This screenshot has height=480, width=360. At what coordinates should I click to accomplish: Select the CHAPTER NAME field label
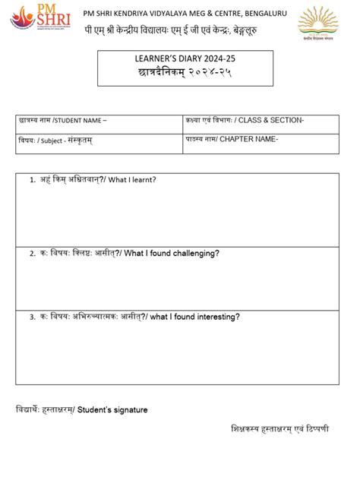(251, 140)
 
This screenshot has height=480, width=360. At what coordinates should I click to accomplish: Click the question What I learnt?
(132, 180)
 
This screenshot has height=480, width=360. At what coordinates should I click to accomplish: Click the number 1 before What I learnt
(32, 180)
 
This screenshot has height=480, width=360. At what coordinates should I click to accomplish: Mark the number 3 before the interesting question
(32, 316)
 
